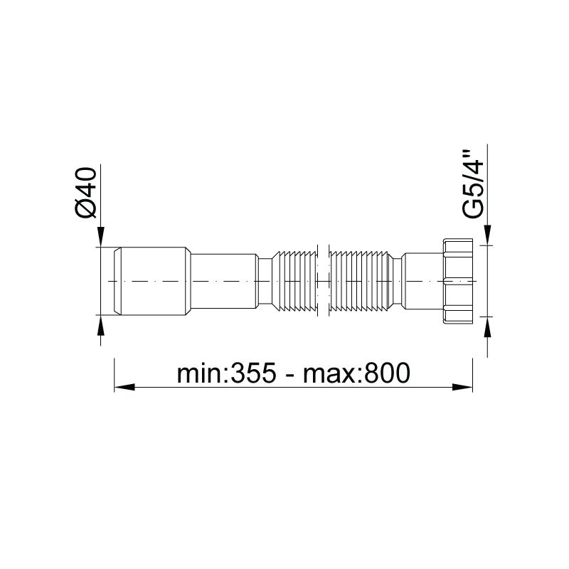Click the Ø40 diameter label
click(x=86, y=193)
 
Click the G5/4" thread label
click(x=474, y=184)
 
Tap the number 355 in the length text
click(x=253, y=373)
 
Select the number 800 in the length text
click(x=388, y=373)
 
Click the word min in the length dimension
click(x=201, y=373)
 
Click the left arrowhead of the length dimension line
click(x=124, y=387)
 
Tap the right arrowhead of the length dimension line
click(x=462, y=387)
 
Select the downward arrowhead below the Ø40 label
click(x=101, y=237)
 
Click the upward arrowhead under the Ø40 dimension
click(x=101, y=325)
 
